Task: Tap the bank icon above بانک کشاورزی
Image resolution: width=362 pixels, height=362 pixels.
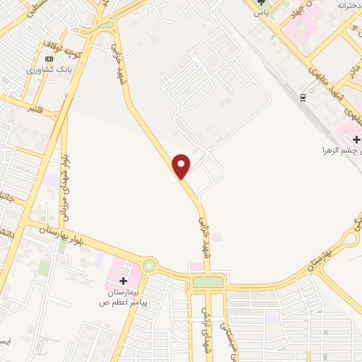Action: [49, 59]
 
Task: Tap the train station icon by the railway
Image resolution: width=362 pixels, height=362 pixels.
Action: [303, 95]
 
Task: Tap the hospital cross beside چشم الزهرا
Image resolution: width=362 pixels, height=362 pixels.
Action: [356, 139]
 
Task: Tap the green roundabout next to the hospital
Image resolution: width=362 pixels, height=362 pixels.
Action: [149, 267]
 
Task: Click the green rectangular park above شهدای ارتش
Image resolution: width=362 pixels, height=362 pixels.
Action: [207, 282]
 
